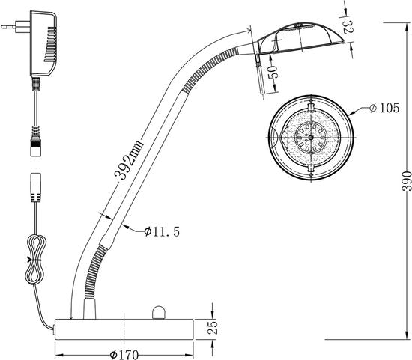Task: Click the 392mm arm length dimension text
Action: [129, 160]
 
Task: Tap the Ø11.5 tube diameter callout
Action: [162, 231]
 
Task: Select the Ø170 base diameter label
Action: [124, 355]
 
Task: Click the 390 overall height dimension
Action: [407, 181]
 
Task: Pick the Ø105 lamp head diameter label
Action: [384, 108]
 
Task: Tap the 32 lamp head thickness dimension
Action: [348, 27]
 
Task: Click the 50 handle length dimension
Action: [272, 72]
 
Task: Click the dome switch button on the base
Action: [159, 312]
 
